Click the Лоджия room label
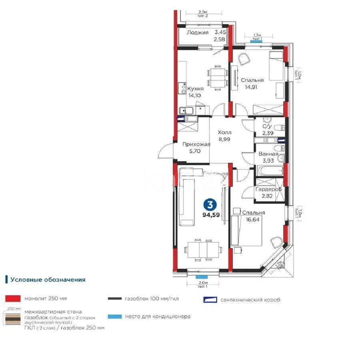pos(198,33)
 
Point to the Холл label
pos(224,132)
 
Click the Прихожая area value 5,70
pos(195,152)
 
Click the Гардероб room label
pos(268,189)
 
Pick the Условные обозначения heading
pos(48,280)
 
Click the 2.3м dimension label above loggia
pos(203,12)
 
